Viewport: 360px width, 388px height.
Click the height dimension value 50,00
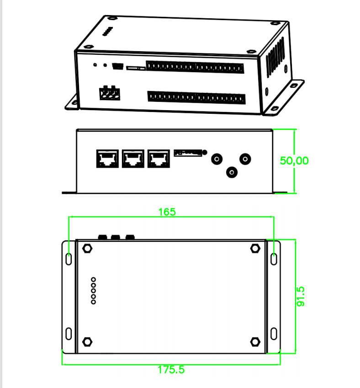click(294, 161)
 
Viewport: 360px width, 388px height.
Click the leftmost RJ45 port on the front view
click(107, 159)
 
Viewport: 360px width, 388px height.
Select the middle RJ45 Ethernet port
click(133, 159)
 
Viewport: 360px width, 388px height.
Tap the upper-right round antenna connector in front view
click(246, 159)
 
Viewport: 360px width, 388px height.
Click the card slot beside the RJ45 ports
click(187, 153)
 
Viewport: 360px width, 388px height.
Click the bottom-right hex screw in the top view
click(255, 342)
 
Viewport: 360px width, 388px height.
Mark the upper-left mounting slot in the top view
click(69, 258)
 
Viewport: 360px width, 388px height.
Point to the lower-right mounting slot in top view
click(274, 333)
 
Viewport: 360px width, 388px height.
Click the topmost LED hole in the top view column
click(94, 279)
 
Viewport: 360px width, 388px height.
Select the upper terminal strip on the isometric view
click(195, 67)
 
